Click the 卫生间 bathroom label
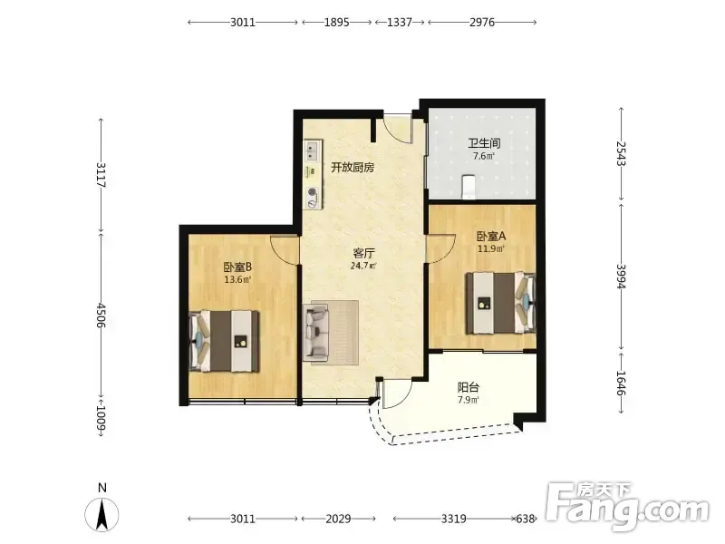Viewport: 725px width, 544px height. click(x=484, y=144)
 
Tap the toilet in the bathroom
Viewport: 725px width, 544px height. click(x=469, y=186)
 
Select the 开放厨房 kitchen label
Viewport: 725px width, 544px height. click(x=353, y=168)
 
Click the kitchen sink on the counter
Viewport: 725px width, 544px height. click(x=312, y=151)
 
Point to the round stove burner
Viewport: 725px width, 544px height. click(x=312, y=192)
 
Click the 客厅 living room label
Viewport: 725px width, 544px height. click(x=363, y=253)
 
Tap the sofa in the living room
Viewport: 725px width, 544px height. click(x=315, y=332)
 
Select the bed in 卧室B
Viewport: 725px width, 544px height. click(x=224, y=341)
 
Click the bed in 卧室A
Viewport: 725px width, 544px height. click(x=501, y=303)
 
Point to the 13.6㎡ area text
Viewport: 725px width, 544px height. click(x=237, y=279)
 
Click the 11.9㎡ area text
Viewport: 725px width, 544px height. click(x=491, y=248)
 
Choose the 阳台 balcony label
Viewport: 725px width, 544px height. click(x=469, y=387)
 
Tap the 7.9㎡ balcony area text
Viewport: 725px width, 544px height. click(x=469, y=400)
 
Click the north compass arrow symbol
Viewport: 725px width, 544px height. click(x=101, y=514)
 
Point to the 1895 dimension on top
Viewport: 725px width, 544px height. click(x=336, y=22)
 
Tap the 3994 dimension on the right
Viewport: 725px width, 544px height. click(x=622, y=277)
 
